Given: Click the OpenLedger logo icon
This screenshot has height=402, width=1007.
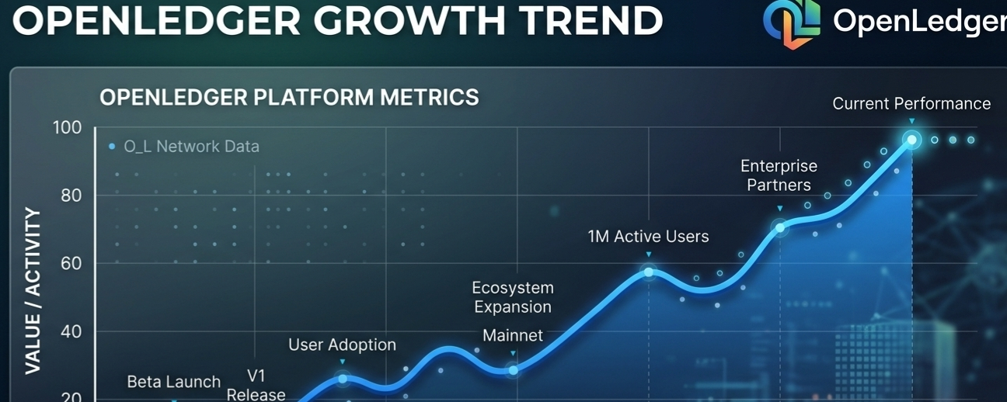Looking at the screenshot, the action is tap(792, 22).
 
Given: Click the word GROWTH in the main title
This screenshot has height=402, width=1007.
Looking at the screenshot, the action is tap(409, 21).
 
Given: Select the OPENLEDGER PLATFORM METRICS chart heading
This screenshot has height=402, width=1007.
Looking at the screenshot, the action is tap(289, 98).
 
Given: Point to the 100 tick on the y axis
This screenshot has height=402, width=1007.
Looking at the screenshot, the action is tap(68, 127).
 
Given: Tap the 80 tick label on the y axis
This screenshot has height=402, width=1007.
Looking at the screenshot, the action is tap(71, 196).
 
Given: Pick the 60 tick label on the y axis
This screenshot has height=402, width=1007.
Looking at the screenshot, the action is tap(71, 264).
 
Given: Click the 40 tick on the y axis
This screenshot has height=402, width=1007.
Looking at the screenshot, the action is tap(71, 332).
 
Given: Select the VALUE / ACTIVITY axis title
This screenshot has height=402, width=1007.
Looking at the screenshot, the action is tap(33, 290).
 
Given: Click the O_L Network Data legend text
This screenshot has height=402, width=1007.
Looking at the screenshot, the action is tap(191, 147).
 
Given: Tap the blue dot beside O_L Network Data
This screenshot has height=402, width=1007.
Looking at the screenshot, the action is tap(112, 147).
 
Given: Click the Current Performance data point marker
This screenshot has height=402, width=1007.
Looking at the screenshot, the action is tap(911, 140).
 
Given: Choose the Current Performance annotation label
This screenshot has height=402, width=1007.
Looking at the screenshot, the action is tap(911, 104).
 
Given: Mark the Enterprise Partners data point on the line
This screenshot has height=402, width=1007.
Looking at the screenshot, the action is tap(780, 227).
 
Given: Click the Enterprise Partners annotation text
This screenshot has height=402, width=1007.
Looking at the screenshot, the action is tap(779, 175).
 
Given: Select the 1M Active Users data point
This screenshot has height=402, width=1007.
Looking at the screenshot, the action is tap(649, 272).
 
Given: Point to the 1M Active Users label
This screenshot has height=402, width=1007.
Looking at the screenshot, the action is tap(648, 237).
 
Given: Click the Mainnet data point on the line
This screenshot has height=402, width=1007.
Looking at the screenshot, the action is tap(513, 370).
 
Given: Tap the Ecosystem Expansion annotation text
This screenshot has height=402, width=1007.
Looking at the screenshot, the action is tap(513, 297).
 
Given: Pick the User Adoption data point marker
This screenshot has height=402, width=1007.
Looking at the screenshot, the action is tap(343, 379).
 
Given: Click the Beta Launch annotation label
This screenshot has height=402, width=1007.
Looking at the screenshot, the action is tap(173, 383).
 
